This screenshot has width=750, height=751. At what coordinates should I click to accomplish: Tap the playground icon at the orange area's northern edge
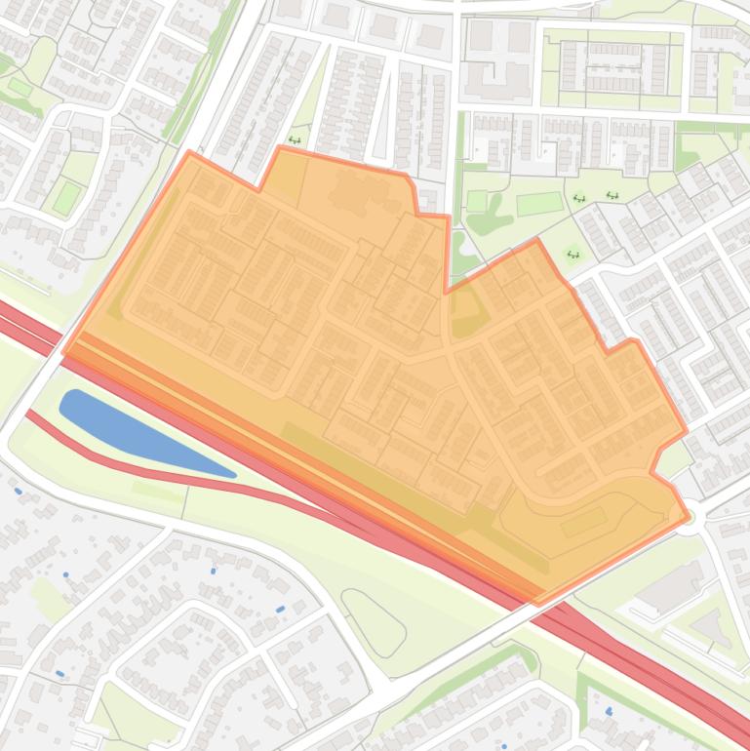point(295,139)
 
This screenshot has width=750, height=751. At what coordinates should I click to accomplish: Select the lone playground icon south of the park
point(572,255)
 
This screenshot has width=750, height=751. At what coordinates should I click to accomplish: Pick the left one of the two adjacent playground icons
point(578,198)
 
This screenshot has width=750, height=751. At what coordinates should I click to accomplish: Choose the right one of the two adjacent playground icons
point(612,196)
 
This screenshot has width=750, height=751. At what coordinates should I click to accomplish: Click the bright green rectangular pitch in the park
point(539,204)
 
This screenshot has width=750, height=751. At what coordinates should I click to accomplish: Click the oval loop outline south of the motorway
point(374,622)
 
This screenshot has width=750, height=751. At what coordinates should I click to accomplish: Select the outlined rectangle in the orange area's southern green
point(583,523)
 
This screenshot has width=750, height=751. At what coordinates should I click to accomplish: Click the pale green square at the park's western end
point(476,201)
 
